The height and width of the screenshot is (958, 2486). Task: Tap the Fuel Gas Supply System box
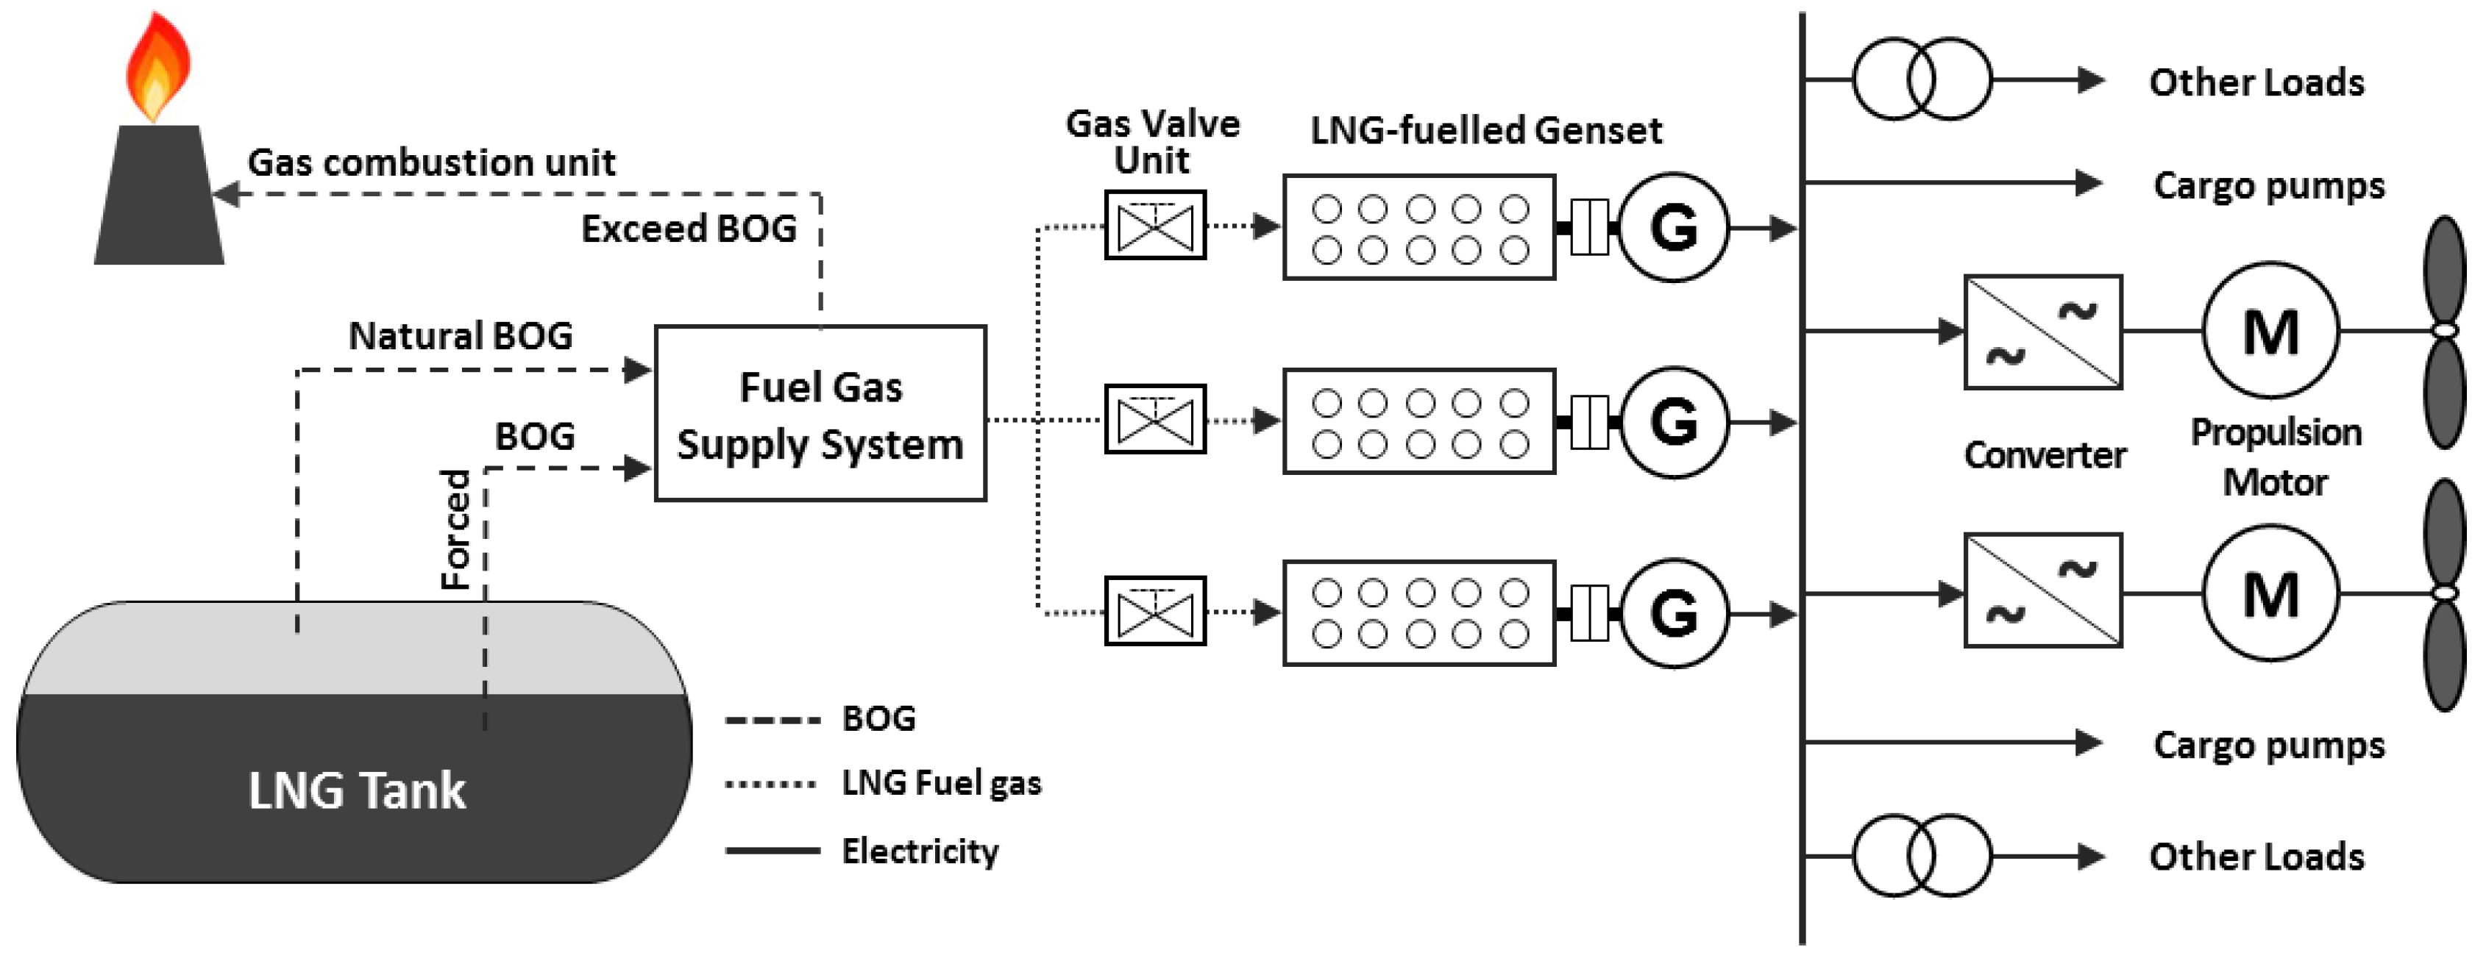(820, 414)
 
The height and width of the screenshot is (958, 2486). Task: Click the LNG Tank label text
(356, 791)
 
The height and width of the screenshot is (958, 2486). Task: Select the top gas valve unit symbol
(1154, 226)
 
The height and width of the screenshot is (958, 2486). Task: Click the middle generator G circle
(1674, 421)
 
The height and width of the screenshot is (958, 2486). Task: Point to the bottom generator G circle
(1674, 612)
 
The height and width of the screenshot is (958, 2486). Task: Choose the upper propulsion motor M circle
(2270, 331)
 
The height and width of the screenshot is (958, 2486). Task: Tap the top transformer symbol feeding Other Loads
(1920, 79)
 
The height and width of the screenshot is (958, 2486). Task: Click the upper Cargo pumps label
(2268, 185)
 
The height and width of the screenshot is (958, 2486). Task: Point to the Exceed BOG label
(688, 229)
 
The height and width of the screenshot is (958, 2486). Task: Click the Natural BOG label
(461, 337)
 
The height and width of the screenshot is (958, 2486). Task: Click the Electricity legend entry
(919, 851)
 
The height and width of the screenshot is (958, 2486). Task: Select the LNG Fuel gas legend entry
(941, 782)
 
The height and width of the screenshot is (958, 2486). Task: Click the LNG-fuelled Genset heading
(1485, 130)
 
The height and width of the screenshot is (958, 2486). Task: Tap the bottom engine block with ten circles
(1418, 612)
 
